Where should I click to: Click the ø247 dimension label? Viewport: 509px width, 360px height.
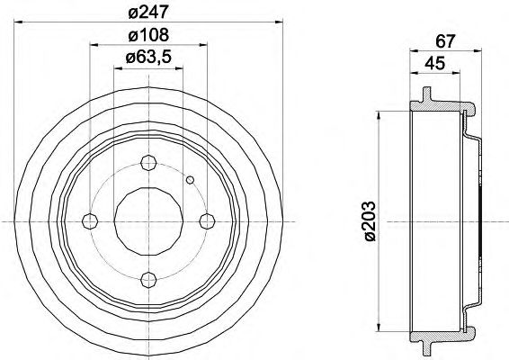[x=149, y=13]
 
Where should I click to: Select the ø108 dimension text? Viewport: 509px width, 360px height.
[x=149, y=35]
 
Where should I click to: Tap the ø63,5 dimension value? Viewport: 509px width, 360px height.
[x=148, y=58]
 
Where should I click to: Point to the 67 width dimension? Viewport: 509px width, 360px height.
[x=446, y=41]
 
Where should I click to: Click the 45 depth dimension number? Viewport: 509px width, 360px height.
[x=435, y=63]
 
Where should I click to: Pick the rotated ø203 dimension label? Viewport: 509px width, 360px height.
[x=371, y=220]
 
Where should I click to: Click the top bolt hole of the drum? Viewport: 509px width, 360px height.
[x=149, y=163]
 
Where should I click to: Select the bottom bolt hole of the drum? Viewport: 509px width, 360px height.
[x=149, y=280]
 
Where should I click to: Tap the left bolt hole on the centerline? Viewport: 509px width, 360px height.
[x=90, y=221]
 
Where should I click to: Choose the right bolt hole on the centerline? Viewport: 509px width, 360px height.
[x=207, y=221]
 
